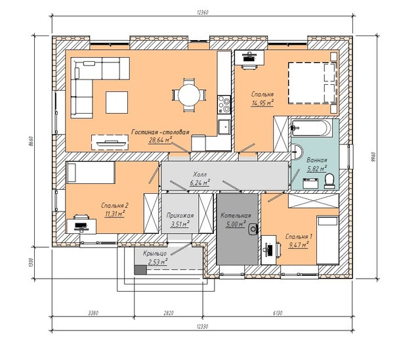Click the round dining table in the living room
click(x=189, y=95)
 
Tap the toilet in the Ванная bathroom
click(x=329, y=181)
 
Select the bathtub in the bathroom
click(x=312, y=128)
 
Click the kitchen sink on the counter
click(x=224, y=127)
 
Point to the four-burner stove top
click(x=224, y=104)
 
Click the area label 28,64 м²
click(x=160, y=140)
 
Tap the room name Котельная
click(x=236, y=215)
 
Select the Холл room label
click(x=199, y=175)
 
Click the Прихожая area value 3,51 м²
click(x=180, y=223)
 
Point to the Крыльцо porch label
click(x=155, y=253)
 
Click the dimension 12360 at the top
click(x=202, y=12)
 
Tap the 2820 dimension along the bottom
click(x=169, y=313)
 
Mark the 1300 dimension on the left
click(x=31, y=263)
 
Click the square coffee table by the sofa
click(x=117, y=102)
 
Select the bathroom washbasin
click(x=297, y=152)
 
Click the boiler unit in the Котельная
click(x=253, y=229)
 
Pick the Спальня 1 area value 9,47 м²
click(x=298, y=245)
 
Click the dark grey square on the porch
click(x=140, y=270)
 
